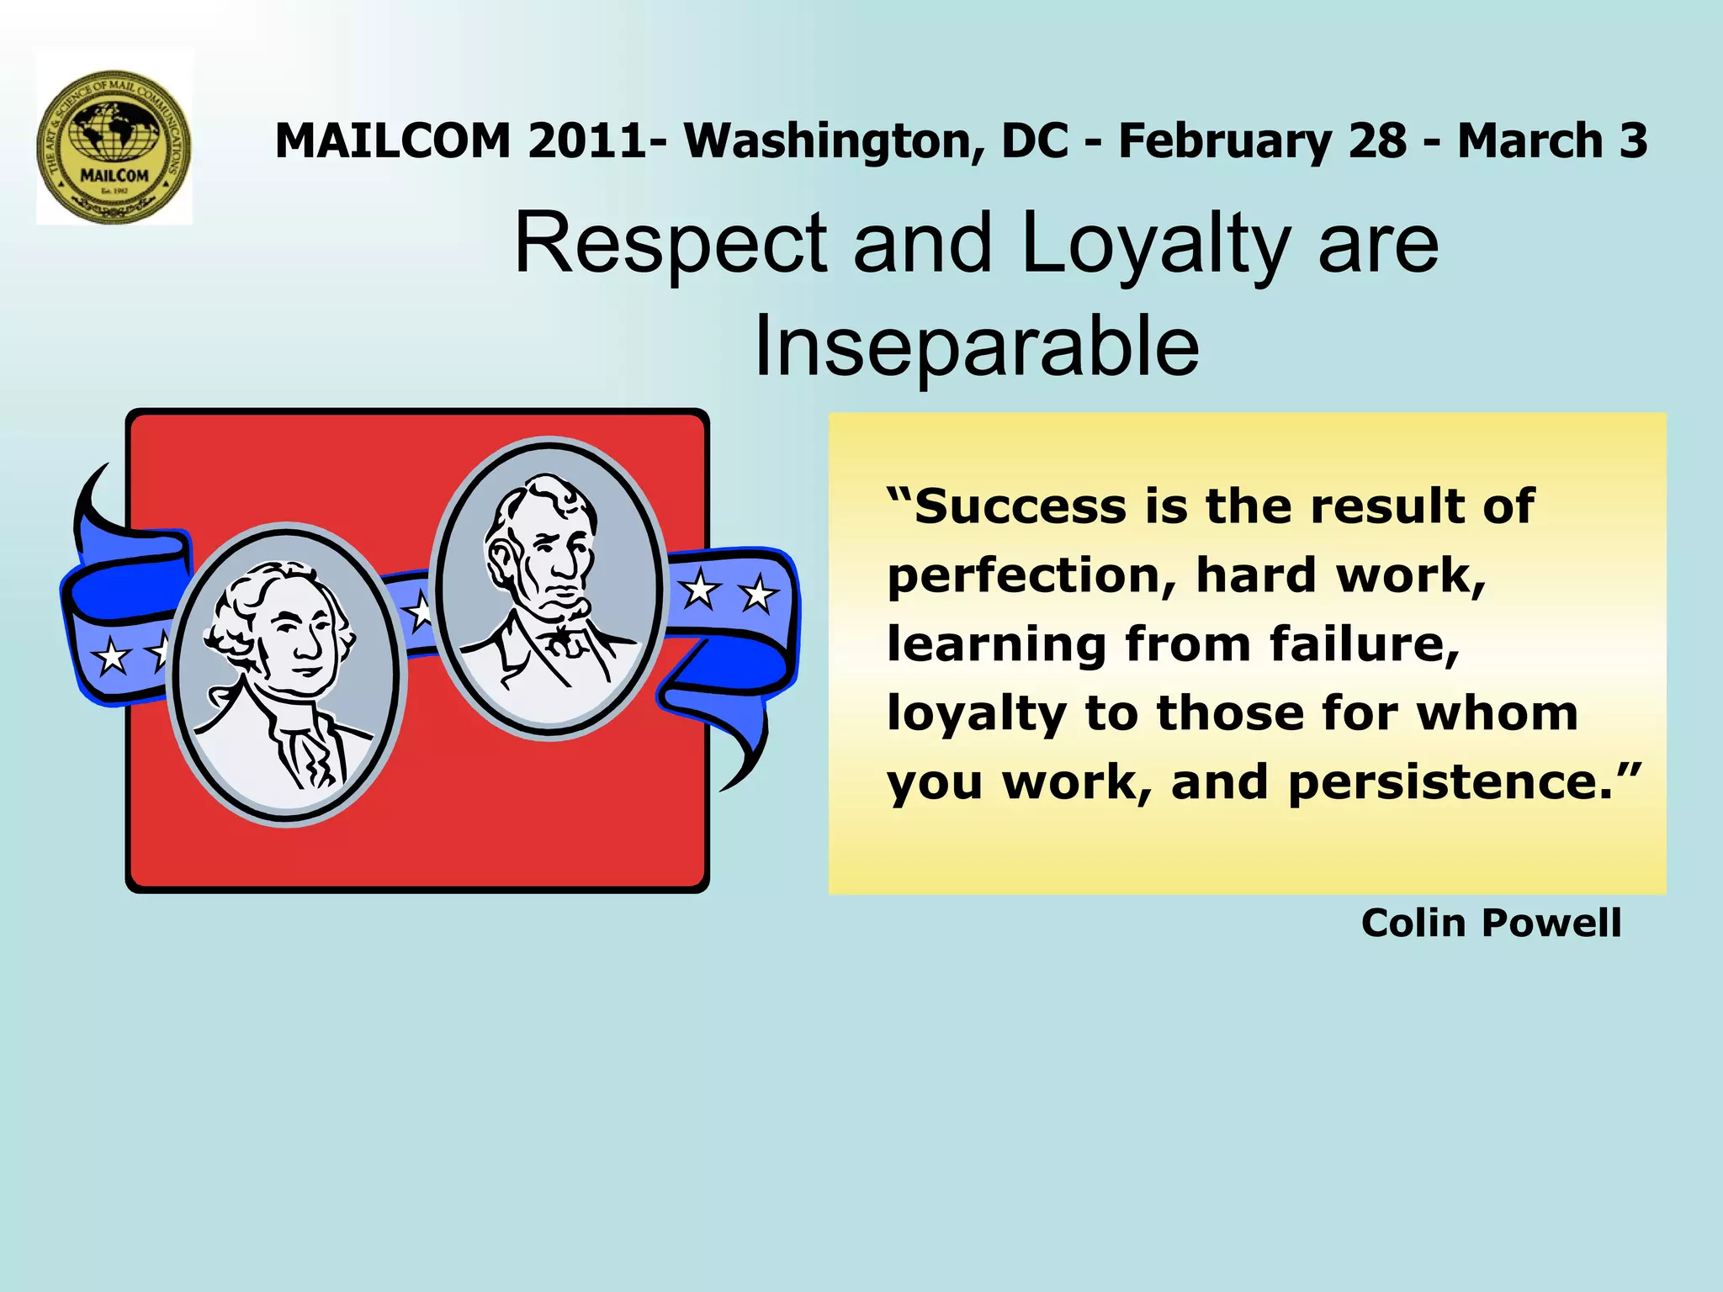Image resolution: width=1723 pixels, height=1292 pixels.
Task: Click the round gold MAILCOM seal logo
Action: [x=114, y=146]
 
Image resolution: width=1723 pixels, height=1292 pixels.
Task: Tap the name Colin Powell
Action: [x=1491, y=923]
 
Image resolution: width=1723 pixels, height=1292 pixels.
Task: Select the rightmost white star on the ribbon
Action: [x=759, y=594]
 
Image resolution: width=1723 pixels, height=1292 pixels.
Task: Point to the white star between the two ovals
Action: [x=420, y=611]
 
